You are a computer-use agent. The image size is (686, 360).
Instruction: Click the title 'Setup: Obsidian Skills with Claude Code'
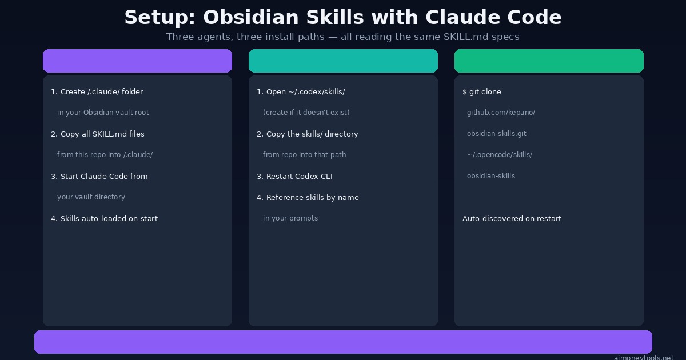coord(343,18)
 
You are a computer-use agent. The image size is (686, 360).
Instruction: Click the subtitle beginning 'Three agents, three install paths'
coord(343,37)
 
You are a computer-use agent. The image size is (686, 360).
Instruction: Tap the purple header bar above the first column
coord(137,61)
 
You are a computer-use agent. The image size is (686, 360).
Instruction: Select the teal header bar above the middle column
coord(343,61)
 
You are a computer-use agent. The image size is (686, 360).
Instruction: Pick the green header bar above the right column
coord(549,61)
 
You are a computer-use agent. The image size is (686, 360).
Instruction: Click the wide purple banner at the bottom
coord(343,342)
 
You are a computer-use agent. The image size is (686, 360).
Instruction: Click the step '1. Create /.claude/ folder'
coord(97,92)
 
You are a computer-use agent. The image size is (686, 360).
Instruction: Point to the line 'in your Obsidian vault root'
coord(103,113)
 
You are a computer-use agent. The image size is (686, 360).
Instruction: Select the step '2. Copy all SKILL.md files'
coord(98,134)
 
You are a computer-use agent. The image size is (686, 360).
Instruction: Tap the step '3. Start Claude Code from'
coord(99,177)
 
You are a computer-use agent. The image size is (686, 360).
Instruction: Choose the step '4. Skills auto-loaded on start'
coord(104,219)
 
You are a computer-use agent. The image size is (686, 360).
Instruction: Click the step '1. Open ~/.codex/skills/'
coord(301,92)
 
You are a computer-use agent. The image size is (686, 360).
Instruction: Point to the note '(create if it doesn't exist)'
coord(306,113)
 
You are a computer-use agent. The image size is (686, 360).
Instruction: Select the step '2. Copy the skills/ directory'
coord(308,134)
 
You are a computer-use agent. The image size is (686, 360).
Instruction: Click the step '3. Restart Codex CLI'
coord(294,177)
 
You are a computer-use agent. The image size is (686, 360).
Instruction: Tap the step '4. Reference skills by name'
coord(308,198)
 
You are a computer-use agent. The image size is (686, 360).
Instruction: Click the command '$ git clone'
coord(482,92)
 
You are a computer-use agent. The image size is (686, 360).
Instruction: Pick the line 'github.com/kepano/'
coord(501,113)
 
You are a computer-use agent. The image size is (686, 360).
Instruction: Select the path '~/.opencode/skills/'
coord(500,155)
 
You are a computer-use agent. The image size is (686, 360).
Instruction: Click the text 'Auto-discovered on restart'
coord(512,219)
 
